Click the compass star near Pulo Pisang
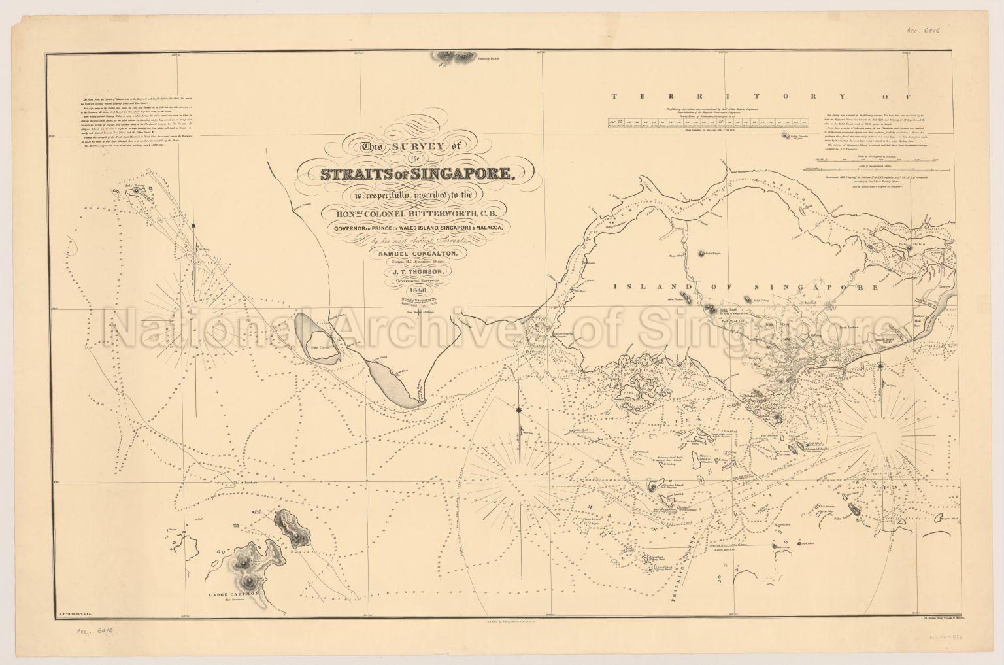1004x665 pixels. point(194,226)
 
